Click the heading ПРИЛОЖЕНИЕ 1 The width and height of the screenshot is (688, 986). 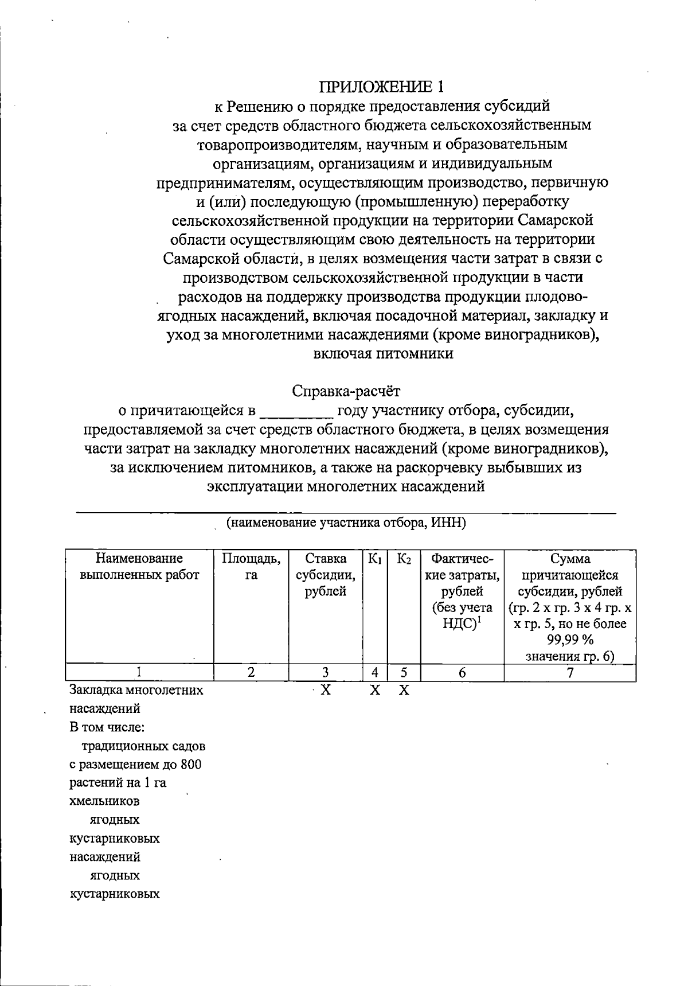pyautogui.click(x=382, y=87)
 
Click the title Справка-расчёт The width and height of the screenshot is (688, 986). pyautogui.click(x=346, y=391)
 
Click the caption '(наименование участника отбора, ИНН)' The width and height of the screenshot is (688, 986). pyautogui.click(x=346, y=523)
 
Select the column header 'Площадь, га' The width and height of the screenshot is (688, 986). pyautogui.click(x=251, y=567)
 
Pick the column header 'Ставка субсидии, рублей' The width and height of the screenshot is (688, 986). pyautogui.click(x=325, y=575)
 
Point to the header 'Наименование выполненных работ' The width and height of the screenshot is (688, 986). pyautogui.click(x=139, y=567)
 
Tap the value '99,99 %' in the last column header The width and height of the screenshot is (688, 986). pyautogui.click(x=570, y=640)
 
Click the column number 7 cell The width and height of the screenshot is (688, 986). pyautogui.click(x=570, y=673)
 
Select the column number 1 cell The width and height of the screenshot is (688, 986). pyautogui.click(x=139, y=673)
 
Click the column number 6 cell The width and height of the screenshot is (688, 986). pyautogui.click(x=462, y=673)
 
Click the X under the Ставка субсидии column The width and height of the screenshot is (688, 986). pyautogui.click(x=325, y=690)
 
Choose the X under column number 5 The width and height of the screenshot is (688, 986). pyautogui.click(x=404, y=690)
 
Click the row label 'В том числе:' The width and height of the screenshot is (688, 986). pyautogui.click(x=107, y=727)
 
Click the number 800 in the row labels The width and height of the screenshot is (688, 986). pyautogui.click(x=190, y=765)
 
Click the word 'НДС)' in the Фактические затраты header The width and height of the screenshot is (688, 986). pyautogui.click(x=460, y=624)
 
